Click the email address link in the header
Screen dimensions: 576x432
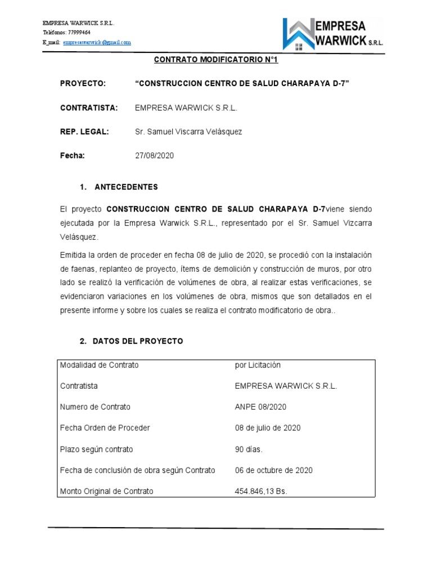tap(97, 42)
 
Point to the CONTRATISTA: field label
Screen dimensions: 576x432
tap(88, 107)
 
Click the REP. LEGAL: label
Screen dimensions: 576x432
tap(84, 132)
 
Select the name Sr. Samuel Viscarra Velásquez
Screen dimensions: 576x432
tap(188, 132)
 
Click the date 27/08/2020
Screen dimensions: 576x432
tap(155, 156)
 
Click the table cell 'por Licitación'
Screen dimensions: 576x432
tap(258, 365)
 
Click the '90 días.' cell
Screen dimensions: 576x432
tap(249, 449)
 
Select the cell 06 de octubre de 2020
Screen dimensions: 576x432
tap(273, 470)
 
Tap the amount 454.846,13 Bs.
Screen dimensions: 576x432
tap(261, 491)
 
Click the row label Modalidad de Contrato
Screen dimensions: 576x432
tap(99, 365)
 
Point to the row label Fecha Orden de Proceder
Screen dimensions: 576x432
tap(105, 428)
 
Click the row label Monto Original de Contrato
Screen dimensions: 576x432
tap(106, 491)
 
